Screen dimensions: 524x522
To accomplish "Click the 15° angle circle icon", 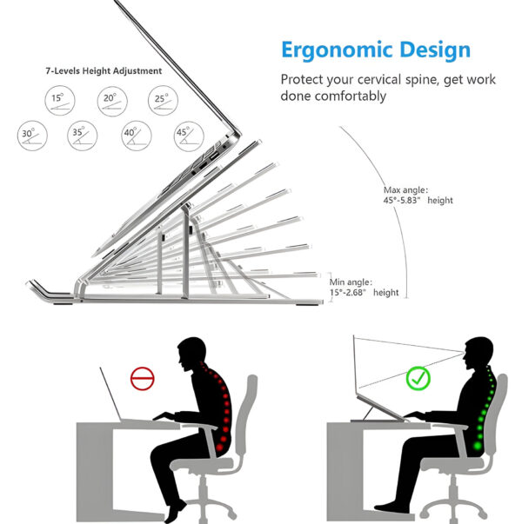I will [x=58, y=99].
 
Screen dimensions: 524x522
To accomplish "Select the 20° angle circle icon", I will [x=109, y=99].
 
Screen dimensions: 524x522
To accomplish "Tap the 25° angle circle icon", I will [x=160, y=99].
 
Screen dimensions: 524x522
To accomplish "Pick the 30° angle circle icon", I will [x=31, y=135].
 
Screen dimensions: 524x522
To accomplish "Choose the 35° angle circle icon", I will [x=81, y=135].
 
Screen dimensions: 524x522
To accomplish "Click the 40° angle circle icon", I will [x=132, y=135].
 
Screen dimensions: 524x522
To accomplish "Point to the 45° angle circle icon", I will [x=183, y=135].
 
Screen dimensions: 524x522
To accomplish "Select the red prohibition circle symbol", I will [x=142, y=378].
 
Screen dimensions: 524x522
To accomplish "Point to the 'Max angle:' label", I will [x=405, y=189].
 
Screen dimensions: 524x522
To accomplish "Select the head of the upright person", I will [x=476, y=354].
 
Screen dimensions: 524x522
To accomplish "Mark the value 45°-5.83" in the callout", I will [x=403, y=201].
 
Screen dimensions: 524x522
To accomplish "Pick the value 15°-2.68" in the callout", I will [x=349, y=293].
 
